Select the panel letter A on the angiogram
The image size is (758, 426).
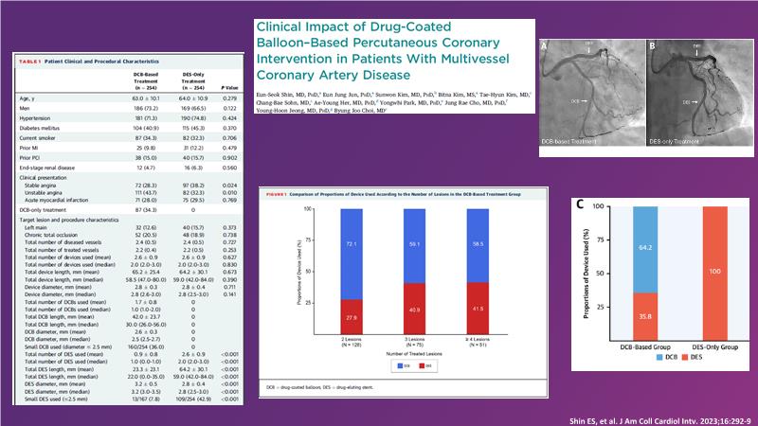click(544, 44)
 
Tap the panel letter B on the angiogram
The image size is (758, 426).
click(651, 44)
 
